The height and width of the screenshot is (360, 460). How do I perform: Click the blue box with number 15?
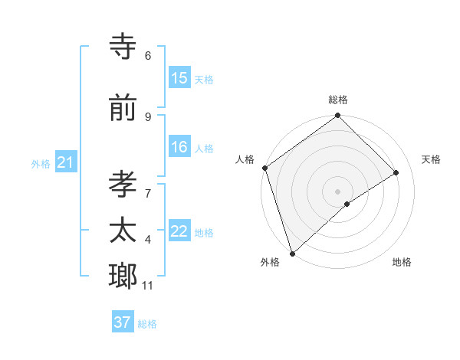coord(179,79)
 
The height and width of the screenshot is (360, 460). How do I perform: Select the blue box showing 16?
coord(179,148)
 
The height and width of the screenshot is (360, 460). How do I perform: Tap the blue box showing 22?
coord(179,231)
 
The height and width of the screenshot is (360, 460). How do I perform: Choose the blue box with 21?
coord(65,162)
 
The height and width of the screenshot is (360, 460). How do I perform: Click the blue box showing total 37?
coord(123,322)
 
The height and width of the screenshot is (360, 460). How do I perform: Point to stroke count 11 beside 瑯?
coord(147,286)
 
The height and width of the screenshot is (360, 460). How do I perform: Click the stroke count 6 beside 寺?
coord(148,56)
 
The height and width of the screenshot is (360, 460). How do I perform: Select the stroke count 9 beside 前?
coord(148,116)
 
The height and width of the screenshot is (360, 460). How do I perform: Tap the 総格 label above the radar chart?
coord(338,100)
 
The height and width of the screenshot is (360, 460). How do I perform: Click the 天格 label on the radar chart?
coord(431,159)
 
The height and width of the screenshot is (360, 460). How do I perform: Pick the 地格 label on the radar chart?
coord(402,262)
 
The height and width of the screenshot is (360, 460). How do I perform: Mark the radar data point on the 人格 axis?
coord(264,168)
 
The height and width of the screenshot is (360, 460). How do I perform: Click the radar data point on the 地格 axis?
coord(347,204)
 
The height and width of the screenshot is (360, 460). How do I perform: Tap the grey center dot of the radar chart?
coord(337,191)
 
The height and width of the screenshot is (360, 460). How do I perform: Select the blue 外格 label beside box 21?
coord(41,163)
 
